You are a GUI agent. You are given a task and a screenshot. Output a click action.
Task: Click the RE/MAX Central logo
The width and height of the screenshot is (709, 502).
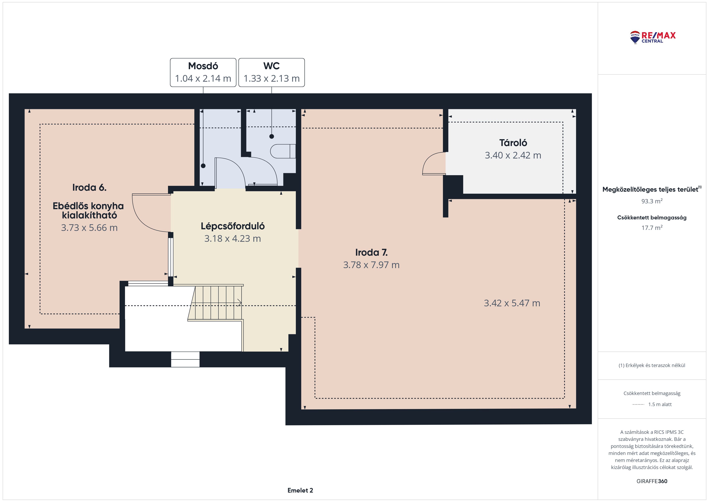tap(653, 37)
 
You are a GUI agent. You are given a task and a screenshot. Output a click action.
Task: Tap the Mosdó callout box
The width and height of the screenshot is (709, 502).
tap(203, 72)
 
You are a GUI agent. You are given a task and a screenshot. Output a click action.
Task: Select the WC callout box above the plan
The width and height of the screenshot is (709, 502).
tap(272, 72)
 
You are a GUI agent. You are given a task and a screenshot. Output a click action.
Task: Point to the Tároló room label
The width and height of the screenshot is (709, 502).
tap(513, 143)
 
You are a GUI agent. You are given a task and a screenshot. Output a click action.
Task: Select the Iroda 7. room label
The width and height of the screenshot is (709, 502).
tap(371, 253)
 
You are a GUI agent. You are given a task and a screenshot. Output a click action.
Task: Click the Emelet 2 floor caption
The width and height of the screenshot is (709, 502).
tap(300, 490)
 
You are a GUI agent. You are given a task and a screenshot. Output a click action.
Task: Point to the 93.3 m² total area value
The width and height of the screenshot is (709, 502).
tap(652, 201)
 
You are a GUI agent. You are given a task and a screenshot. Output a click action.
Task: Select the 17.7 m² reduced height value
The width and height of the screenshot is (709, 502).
tap(652, 228)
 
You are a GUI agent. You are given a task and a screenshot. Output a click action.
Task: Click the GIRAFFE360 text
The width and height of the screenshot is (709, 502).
tap(652, 481)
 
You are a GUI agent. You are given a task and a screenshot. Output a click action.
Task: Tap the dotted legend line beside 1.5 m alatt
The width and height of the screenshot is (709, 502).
tap(638, 404)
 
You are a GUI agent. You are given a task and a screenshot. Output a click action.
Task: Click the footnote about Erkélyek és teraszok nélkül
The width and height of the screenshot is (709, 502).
tap(652, 365)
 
